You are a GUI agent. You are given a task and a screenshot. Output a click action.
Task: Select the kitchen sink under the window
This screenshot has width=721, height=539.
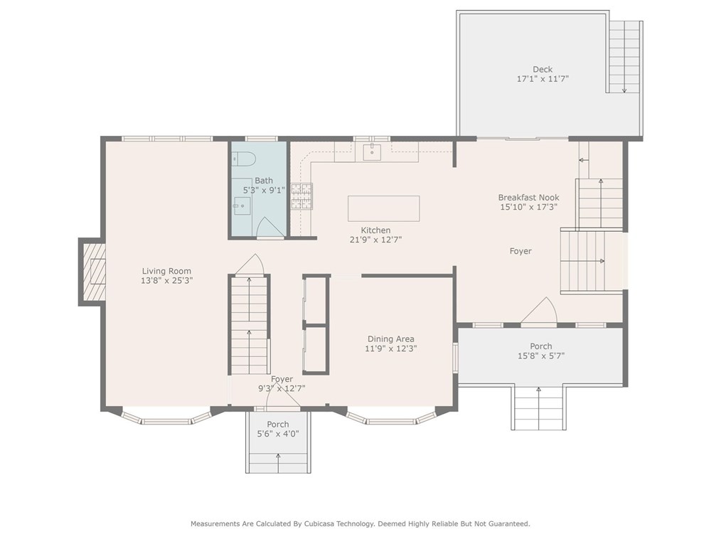click(371, 151)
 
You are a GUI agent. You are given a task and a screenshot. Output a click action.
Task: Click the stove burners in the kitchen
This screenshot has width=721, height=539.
click(301, 196)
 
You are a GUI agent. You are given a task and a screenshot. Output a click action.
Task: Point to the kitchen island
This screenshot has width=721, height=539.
click(383, 208)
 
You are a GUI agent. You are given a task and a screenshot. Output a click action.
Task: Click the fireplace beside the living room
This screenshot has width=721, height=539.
click(92, 272)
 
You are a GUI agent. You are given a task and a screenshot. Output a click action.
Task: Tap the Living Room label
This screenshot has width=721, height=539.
click(166, 271)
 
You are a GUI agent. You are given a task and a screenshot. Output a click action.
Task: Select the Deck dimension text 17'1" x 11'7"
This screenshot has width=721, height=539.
click(543, 79)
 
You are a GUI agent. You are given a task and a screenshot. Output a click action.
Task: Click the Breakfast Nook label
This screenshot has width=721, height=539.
click(528, 198)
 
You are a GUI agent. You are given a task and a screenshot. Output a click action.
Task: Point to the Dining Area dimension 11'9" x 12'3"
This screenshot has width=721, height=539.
click(390, 349)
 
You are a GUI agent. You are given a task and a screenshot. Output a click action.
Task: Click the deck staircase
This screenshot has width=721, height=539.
click(625, 56)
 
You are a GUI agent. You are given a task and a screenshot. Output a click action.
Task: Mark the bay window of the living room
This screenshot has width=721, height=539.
click(166, 417)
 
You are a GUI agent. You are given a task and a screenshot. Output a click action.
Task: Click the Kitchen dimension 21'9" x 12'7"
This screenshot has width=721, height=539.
click(375, 240)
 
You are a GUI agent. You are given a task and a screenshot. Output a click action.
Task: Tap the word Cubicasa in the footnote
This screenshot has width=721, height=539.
click(315, 524)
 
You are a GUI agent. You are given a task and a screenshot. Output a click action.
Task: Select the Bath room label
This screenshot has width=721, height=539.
click(263, 181)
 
